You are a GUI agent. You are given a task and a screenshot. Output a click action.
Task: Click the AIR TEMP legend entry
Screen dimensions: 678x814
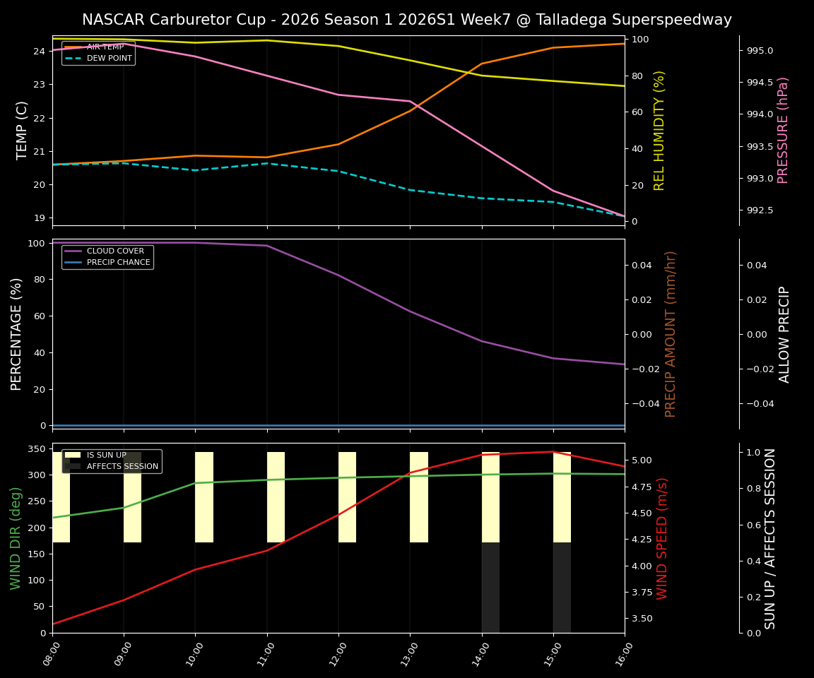coord(105,47)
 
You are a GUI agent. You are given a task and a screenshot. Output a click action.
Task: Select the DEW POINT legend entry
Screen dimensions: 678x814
coord(109,59)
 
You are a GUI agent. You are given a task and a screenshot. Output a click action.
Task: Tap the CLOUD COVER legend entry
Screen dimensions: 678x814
coord(115,251)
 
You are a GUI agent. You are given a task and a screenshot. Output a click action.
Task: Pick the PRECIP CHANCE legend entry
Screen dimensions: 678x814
coord(118,263)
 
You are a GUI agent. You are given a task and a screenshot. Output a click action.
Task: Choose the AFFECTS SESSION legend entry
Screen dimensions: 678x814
coord(122,467)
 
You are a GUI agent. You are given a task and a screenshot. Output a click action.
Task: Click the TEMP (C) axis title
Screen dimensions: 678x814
coord(23,130)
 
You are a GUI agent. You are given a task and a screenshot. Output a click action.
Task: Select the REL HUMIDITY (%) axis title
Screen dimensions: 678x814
coord(659,130)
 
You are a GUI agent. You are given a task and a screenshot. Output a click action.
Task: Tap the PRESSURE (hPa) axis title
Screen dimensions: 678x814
coord(783,130)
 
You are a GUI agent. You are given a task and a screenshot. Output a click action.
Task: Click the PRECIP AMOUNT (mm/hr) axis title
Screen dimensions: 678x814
coord(671,333)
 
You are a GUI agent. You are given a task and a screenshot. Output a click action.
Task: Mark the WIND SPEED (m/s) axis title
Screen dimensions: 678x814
coord(662,537)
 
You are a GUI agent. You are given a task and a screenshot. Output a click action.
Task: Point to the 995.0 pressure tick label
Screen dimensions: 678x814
coord(760,51)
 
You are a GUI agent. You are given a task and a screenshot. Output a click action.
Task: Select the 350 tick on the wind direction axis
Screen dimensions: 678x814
coord(37,449)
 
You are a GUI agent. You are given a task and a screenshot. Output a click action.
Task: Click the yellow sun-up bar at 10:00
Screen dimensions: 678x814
coord(204,497)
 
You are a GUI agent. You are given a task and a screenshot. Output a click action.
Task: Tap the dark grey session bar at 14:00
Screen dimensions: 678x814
coord(490,587)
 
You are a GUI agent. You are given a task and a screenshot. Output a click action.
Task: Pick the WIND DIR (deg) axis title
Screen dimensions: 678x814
coord(16,537)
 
